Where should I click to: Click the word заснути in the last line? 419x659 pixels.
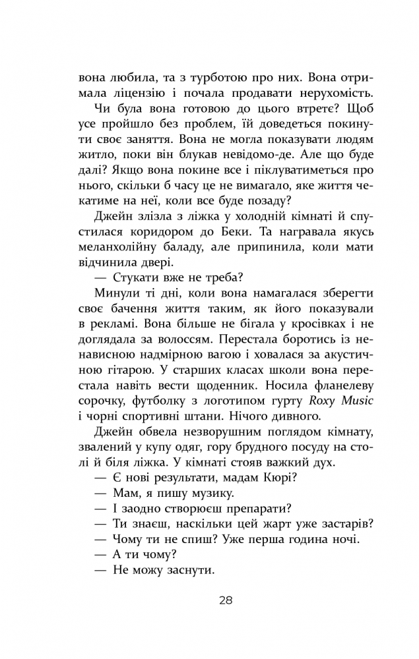[x=191, y=572]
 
